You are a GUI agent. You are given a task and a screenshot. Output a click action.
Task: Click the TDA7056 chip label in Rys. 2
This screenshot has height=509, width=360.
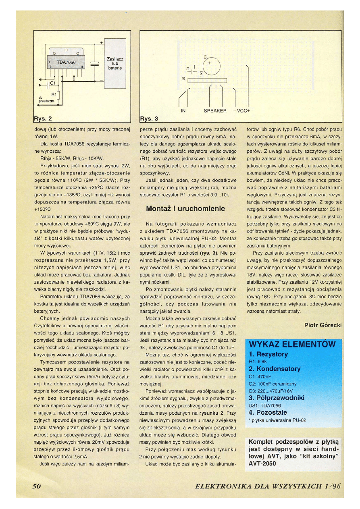[66, 62]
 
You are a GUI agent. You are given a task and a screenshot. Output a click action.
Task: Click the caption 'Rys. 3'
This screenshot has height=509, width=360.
[149, 118]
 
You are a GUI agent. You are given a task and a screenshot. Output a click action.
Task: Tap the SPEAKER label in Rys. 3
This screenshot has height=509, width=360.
[215, 111]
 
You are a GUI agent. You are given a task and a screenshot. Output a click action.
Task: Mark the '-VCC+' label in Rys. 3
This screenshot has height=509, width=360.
[242, 111]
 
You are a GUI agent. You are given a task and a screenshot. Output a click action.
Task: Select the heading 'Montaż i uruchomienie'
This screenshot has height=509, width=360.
[185, 209]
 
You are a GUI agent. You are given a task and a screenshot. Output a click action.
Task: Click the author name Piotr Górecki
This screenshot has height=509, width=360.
[323, 324]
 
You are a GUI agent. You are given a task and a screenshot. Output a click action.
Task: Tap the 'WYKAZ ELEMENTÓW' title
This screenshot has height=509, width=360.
[292, 344]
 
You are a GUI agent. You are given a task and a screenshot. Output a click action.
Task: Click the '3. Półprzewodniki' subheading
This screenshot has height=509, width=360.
[277, 398]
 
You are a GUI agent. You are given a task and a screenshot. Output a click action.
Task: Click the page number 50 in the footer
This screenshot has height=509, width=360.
[37, 486]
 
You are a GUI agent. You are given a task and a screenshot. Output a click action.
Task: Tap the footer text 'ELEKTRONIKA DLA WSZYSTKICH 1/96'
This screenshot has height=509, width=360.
[268, 486]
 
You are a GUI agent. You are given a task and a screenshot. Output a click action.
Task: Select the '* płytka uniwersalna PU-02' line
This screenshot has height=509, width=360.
[278, 420]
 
